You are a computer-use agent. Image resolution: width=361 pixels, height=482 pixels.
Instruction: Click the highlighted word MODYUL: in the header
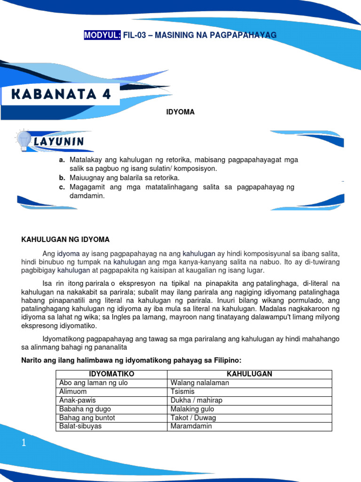[x=102, y=35]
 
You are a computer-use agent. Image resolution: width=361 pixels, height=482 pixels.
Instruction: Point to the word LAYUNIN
[x=59, y=141]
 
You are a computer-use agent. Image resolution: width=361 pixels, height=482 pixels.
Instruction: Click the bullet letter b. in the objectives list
[x=62, y=178]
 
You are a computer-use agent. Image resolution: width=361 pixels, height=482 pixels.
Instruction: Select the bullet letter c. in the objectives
[x=62, y=187]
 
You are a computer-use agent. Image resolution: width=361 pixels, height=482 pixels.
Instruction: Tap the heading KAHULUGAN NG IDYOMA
[x=65, y=240]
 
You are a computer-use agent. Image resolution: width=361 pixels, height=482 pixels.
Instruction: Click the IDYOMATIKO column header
[x=112, y=374]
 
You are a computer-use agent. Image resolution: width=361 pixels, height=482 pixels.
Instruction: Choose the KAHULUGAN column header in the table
[x=249, y=374]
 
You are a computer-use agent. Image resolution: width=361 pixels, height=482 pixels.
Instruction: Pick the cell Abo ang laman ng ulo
[x=94, y=383]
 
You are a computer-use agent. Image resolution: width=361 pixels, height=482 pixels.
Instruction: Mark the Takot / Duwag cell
[x=193, y=418]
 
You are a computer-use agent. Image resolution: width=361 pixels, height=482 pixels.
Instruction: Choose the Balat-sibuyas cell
[x=80, y=426]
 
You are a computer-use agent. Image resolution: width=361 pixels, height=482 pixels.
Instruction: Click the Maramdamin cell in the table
[x=191, y=426]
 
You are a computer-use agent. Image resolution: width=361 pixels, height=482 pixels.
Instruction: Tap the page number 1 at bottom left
[x=24, y=443]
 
